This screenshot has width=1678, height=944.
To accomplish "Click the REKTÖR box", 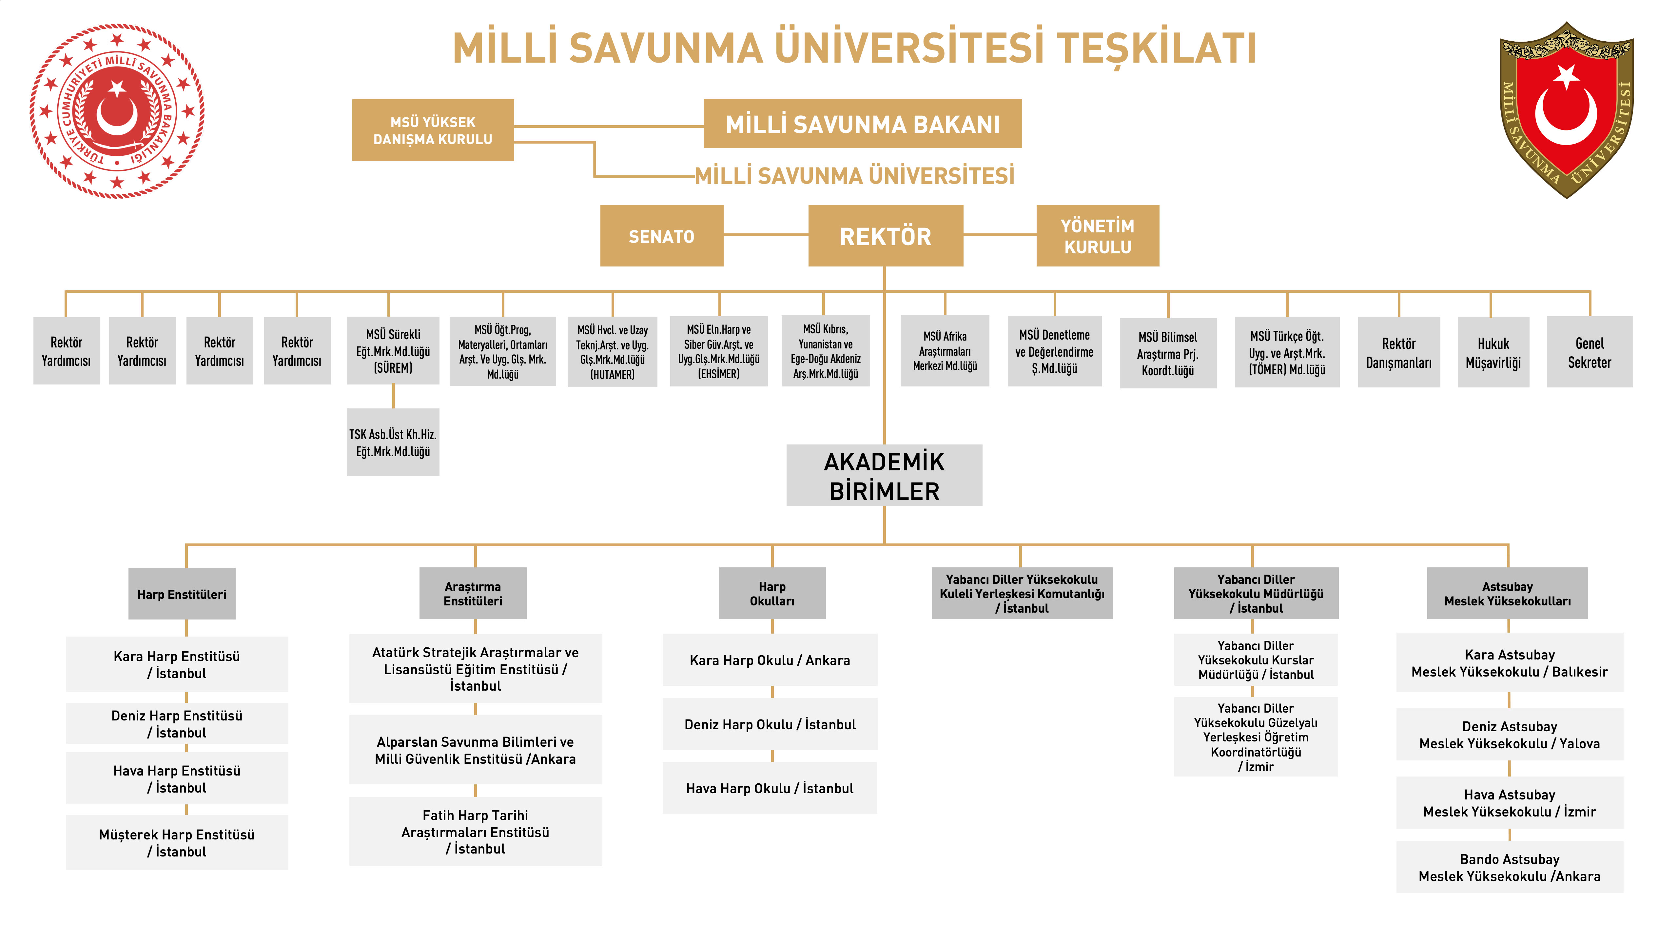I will click(885, 236).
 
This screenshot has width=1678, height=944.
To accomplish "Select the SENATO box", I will click(661, 236).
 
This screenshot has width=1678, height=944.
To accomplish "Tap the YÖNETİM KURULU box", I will click(1098, 236).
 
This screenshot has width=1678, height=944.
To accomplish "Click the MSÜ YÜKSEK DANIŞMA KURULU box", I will click(433, 130).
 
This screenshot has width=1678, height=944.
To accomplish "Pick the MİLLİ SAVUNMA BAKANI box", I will click(863, 124).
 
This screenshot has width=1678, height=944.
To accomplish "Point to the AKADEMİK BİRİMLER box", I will click(884, 476).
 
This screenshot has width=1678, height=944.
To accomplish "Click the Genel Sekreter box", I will click(1590, 352).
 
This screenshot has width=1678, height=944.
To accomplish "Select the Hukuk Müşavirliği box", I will click(1493, 352).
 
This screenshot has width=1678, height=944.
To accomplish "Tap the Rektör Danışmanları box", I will click(1398, 352).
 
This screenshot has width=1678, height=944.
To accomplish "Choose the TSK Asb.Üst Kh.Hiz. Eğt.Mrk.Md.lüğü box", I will click(393, 442).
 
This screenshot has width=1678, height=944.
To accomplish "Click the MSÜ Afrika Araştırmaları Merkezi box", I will click(945, 351).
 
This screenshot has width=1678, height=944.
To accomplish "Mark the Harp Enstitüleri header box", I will click(182, 594).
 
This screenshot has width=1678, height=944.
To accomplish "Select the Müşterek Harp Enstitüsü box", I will click(177, 842).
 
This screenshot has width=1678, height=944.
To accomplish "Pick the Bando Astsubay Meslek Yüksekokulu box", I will click(1509, 867).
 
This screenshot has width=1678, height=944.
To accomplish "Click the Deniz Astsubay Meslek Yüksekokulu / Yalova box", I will click(1509, 734).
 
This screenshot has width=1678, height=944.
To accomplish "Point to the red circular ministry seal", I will click(117, 111).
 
